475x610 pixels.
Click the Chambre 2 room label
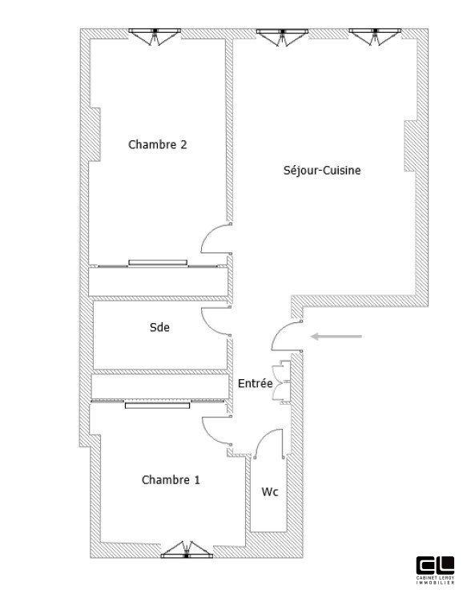(158, 145)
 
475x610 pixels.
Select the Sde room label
(159, 327)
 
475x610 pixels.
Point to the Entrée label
(256, 384)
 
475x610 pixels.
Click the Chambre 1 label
(171, 480)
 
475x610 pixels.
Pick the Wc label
(270, 492)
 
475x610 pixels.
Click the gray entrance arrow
(336, 336)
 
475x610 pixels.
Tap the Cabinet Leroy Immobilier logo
(436, 570)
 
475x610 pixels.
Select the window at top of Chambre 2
(156, 36)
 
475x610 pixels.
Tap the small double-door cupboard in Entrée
(280, 380)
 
